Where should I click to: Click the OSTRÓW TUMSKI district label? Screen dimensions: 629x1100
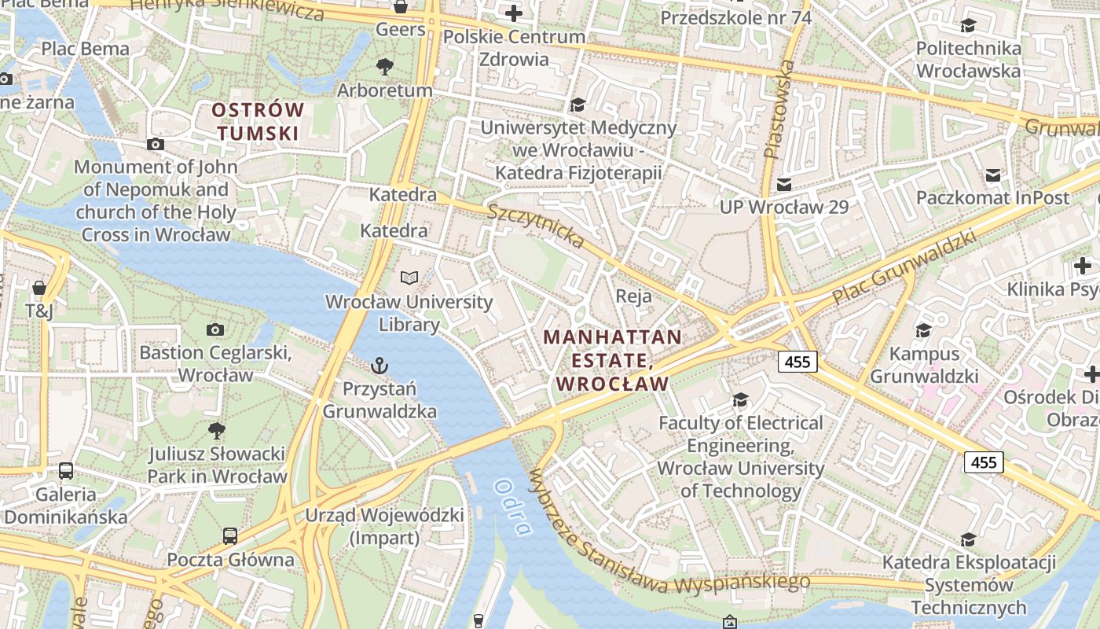258,121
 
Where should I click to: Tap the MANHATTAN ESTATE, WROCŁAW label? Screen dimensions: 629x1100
613,360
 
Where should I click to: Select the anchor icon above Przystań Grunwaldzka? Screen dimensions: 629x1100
379,366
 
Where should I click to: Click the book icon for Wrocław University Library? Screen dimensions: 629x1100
409,278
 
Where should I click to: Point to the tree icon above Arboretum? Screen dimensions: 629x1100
385,66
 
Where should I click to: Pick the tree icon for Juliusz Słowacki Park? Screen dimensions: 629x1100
217,430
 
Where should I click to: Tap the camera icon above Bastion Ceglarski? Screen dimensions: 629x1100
215,329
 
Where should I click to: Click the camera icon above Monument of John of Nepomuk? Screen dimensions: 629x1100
156,144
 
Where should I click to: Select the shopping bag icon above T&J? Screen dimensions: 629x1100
39,288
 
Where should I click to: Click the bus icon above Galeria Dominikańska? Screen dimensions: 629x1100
66,471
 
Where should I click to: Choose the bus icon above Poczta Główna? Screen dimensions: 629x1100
230,536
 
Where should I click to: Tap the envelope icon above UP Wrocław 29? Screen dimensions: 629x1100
783,185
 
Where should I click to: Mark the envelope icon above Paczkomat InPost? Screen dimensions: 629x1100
993,175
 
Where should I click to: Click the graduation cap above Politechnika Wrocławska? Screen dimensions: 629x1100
968,26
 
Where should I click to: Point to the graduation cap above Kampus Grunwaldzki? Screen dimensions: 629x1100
923,330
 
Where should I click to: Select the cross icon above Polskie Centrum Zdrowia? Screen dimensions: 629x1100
514,13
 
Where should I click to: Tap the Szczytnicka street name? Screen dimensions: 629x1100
536,226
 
